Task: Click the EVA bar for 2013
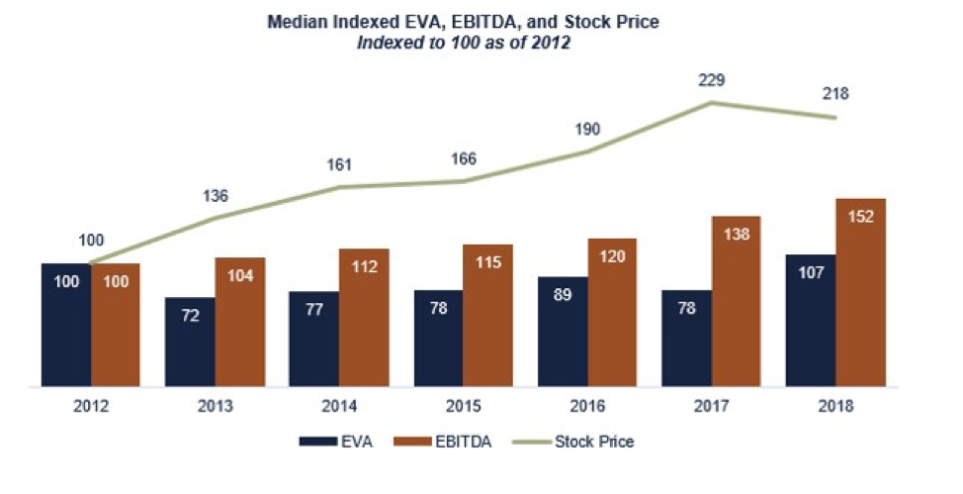190,342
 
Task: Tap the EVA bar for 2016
563,332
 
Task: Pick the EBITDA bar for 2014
364,317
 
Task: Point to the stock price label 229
711,80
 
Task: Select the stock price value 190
586,130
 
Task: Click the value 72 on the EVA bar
190,318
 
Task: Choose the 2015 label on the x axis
463,406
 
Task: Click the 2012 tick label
90,406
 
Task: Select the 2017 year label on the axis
711,406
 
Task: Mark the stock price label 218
835,95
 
